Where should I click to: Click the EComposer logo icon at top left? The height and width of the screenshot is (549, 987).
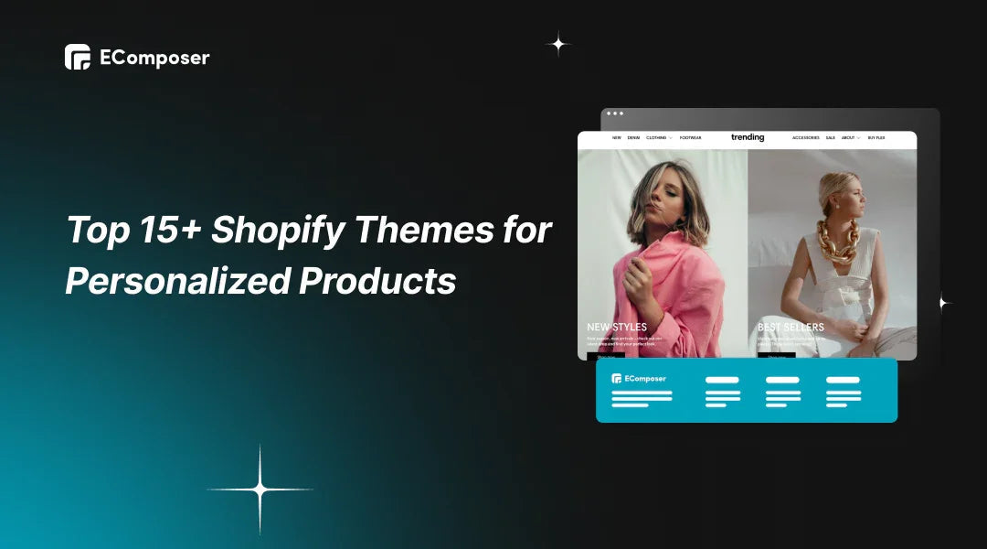[77, 57]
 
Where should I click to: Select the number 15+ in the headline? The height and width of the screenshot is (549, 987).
[163, 230]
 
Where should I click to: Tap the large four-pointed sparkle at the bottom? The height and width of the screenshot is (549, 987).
[260, 490]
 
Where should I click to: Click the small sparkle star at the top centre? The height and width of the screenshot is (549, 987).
[557, 43]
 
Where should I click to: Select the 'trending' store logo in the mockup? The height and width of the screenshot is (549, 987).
[748, 137]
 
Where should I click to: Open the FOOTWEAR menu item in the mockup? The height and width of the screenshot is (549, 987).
[690, 138]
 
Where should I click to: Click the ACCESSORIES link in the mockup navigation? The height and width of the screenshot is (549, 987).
[805, 138]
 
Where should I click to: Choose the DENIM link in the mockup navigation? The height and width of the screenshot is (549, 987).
[633, 138]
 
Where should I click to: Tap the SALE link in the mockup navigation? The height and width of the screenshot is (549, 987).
[830, 138]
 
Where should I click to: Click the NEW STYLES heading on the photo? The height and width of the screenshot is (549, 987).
[617, 327]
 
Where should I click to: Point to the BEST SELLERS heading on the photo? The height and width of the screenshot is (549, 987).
[791, 327]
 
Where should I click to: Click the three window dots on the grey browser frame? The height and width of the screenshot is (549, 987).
[615, 113]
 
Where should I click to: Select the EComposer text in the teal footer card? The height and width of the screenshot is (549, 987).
[644, 379]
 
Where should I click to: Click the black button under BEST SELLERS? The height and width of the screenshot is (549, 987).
[777, 356]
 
